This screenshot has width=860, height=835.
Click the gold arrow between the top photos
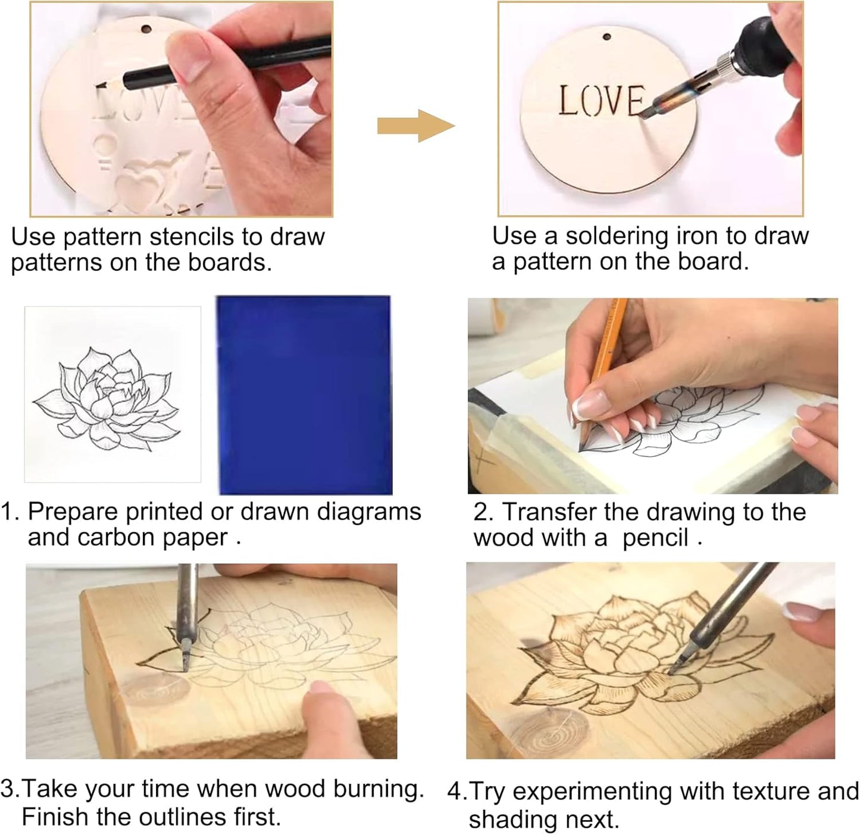pyautogui.click(x=415, y=126)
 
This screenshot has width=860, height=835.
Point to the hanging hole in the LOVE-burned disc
pyautogui.click(x=607, y=37)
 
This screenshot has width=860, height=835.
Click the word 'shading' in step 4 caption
pyautogui.click(x=509, y=819)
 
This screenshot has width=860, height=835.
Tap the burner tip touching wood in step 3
pyautogui.click(x=185, y=668)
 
